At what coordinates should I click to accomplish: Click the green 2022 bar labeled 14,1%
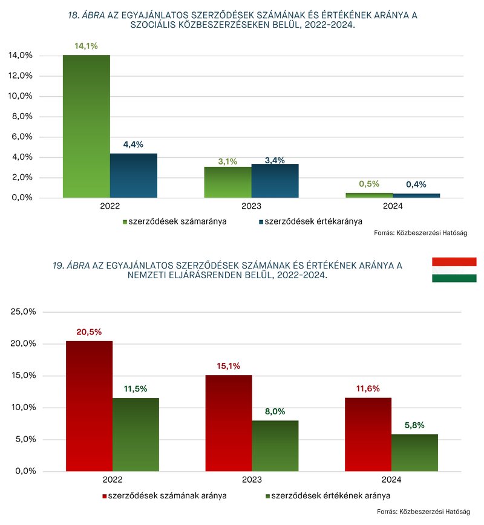click(x=87, y=126)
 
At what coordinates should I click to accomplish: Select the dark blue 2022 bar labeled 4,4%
click(x=134, y=175)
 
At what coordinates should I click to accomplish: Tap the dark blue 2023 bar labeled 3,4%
click(x=275, y=181)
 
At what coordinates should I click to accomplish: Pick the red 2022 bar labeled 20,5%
click(x=89, y=406)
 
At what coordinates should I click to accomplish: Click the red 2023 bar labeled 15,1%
click(x=229, y=423)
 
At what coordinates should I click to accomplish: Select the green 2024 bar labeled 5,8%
click(x=414, y=453)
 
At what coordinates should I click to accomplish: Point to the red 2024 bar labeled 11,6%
click(x=368, y=435)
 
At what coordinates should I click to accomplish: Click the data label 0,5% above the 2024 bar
click(x=369, y=184)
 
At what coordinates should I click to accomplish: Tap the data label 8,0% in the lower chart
click(x=275, y=411)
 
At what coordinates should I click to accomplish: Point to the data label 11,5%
click(x=136, y=389)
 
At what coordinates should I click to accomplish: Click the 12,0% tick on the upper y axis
click(x=21, y=76)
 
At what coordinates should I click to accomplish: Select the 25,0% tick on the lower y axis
click(x=23, y=311)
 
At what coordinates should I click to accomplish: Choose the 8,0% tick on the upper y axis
click(x=22, y=117)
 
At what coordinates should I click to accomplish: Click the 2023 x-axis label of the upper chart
click(x=251, y=206)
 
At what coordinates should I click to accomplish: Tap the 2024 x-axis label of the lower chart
click(x=391, y=480)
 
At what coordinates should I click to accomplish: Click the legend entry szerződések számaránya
click(x=174, y=221)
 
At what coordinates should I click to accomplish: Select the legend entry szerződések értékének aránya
click(x=328, y=496)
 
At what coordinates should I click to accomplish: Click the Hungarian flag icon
click(x=454, y=270)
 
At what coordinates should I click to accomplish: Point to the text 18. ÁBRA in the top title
click(x=87, y=15)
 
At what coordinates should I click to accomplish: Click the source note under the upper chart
click(x=420, y=233)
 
